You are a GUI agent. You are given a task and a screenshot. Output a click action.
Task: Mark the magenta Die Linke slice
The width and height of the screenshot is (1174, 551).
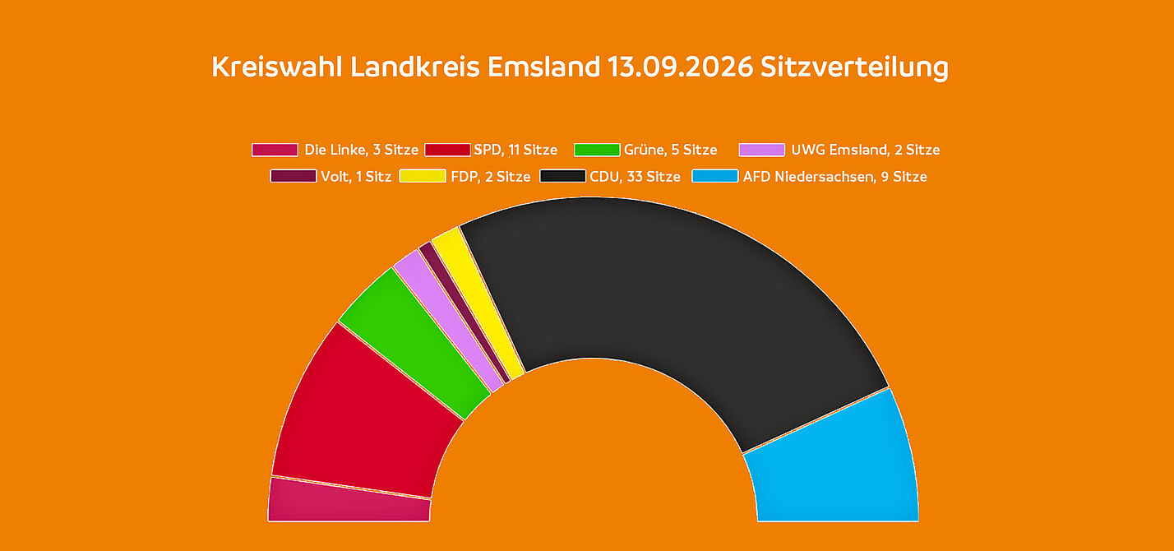[x=349, y=502]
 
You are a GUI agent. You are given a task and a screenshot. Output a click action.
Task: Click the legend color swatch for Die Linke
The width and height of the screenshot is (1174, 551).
[x=275, y=150]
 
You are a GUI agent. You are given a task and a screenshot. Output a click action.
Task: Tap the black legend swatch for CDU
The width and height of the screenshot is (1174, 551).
[x=562, y=176]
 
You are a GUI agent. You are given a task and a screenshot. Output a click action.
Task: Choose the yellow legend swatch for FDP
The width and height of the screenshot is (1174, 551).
[x=423, y=176]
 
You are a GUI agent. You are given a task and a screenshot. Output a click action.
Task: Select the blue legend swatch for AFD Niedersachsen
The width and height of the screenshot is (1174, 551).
[x=715, y=176]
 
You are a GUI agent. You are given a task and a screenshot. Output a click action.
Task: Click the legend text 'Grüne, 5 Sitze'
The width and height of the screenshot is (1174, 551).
[x=670, y=150]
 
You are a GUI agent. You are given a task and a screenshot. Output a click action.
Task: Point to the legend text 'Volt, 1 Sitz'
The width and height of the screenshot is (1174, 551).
[x=356, y=177]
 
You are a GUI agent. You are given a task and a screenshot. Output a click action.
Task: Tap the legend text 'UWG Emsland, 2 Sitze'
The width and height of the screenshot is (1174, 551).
[x=866, y=150]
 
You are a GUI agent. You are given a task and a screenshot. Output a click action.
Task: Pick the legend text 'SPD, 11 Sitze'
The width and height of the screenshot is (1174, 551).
[x=515, y=150]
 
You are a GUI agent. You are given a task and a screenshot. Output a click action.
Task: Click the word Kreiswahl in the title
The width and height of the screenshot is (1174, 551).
[x=277, y=67]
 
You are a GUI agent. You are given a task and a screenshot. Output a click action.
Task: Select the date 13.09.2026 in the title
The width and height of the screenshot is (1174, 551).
[x=680, y=67]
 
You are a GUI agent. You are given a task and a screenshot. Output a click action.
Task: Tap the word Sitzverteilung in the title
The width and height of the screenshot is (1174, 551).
[x=854, y=68]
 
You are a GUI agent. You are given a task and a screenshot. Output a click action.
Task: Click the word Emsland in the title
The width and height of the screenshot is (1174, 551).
[x=543, y=67]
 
